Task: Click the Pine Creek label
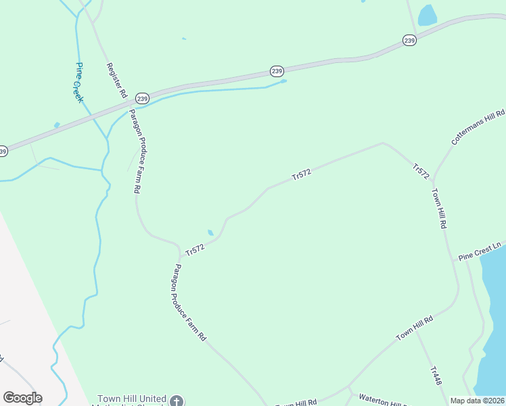pyautogui.click(x=78, y=83)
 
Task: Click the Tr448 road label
pyautogui.click(x=436, y=376)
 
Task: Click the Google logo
pyautogui.click(x=22, y=398)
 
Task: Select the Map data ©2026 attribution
pyautogui.click(x=477, y=401)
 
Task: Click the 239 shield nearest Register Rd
pyautogui.click(x=141, y=98)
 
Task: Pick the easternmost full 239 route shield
pyautogui.click(x=409, y=41)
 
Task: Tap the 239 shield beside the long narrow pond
pyautogui.click(x=276, y=70)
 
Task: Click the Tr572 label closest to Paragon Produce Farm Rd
pyautogui.click(x=194, y=250)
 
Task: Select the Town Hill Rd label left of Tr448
pyautogui.click(x=414, y=328)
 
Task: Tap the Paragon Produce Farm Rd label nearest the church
pyautogui.click(x=189, y=302)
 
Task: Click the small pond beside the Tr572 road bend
pyautogui.click(x=210, y=233)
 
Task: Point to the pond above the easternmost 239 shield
pyautogui.click(x=427, y=15)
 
